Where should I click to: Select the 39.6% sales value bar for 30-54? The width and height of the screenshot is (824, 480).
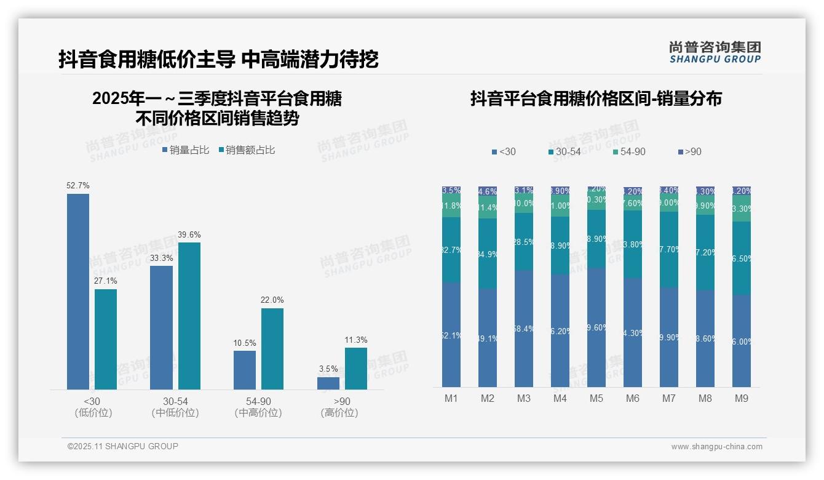click(x=189, y=316)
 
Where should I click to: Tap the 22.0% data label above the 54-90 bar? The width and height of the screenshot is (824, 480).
click(x=272, y=300)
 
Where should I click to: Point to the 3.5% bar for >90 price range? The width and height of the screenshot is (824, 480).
click(x=328, y=383)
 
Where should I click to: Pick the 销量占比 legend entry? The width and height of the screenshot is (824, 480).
click(x=186, y=150)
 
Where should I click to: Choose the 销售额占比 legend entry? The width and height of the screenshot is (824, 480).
click(x=247, y=150)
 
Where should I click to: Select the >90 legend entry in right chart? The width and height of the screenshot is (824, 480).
click(x=689, y=151)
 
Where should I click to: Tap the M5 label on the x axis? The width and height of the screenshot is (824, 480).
click(x=596, y=399)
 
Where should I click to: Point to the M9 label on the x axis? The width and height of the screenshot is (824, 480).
click(x=742, y=399)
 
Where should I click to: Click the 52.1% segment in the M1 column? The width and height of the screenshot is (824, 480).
click(x=451, y=335)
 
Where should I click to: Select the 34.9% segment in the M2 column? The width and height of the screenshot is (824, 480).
click(x=488, y=254)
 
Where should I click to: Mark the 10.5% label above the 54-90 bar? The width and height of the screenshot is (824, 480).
click(x=245, y=343)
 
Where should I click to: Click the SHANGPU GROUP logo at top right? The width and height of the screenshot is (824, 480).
click(x=715, y=52)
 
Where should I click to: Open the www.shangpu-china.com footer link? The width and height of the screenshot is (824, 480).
click(x=716, y=447)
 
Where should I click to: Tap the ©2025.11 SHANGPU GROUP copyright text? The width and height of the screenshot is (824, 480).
click(x=123, y=446)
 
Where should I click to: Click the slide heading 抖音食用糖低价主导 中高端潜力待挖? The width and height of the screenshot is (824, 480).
click(x=218, y=60)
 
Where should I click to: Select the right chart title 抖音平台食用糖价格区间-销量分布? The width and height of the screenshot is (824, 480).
click(x=596, y=98)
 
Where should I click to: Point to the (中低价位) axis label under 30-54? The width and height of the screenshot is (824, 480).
click(x=175, y=413)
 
